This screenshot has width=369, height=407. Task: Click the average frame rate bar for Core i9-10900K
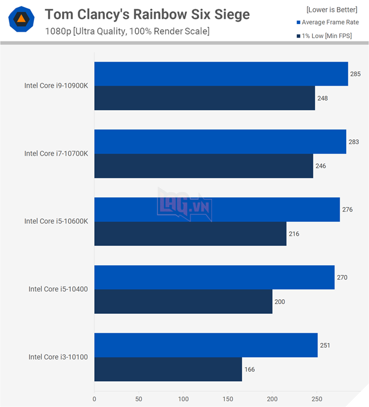221,74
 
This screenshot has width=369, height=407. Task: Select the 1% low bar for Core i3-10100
168,370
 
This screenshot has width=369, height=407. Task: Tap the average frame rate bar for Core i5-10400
214,277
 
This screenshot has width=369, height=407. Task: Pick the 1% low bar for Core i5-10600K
190,234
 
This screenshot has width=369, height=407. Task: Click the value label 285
355,74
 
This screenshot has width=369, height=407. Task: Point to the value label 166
250,370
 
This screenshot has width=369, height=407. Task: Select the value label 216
293,234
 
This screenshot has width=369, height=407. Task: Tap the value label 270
342,277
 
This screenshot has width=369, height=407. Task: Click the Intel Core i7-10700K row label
56,153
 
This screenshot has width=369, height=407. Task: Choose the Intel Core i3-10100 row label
59,357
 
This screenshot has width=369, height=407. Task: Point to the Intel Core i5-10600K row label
56,221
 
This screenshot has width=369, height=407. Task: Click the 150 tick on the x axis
227,400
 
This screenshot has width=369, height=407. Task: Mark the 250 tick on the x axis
316,400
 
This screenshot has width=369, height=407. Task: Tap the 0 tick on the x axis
94,400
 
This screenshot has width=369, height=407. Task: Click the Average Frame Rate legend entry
329,22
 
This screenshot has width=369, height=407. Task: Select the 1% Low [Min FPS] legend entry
329,36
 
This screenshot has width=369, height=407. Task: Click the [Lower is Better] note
332,9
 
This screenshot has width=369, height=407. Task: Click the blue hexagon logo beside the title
20,19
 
